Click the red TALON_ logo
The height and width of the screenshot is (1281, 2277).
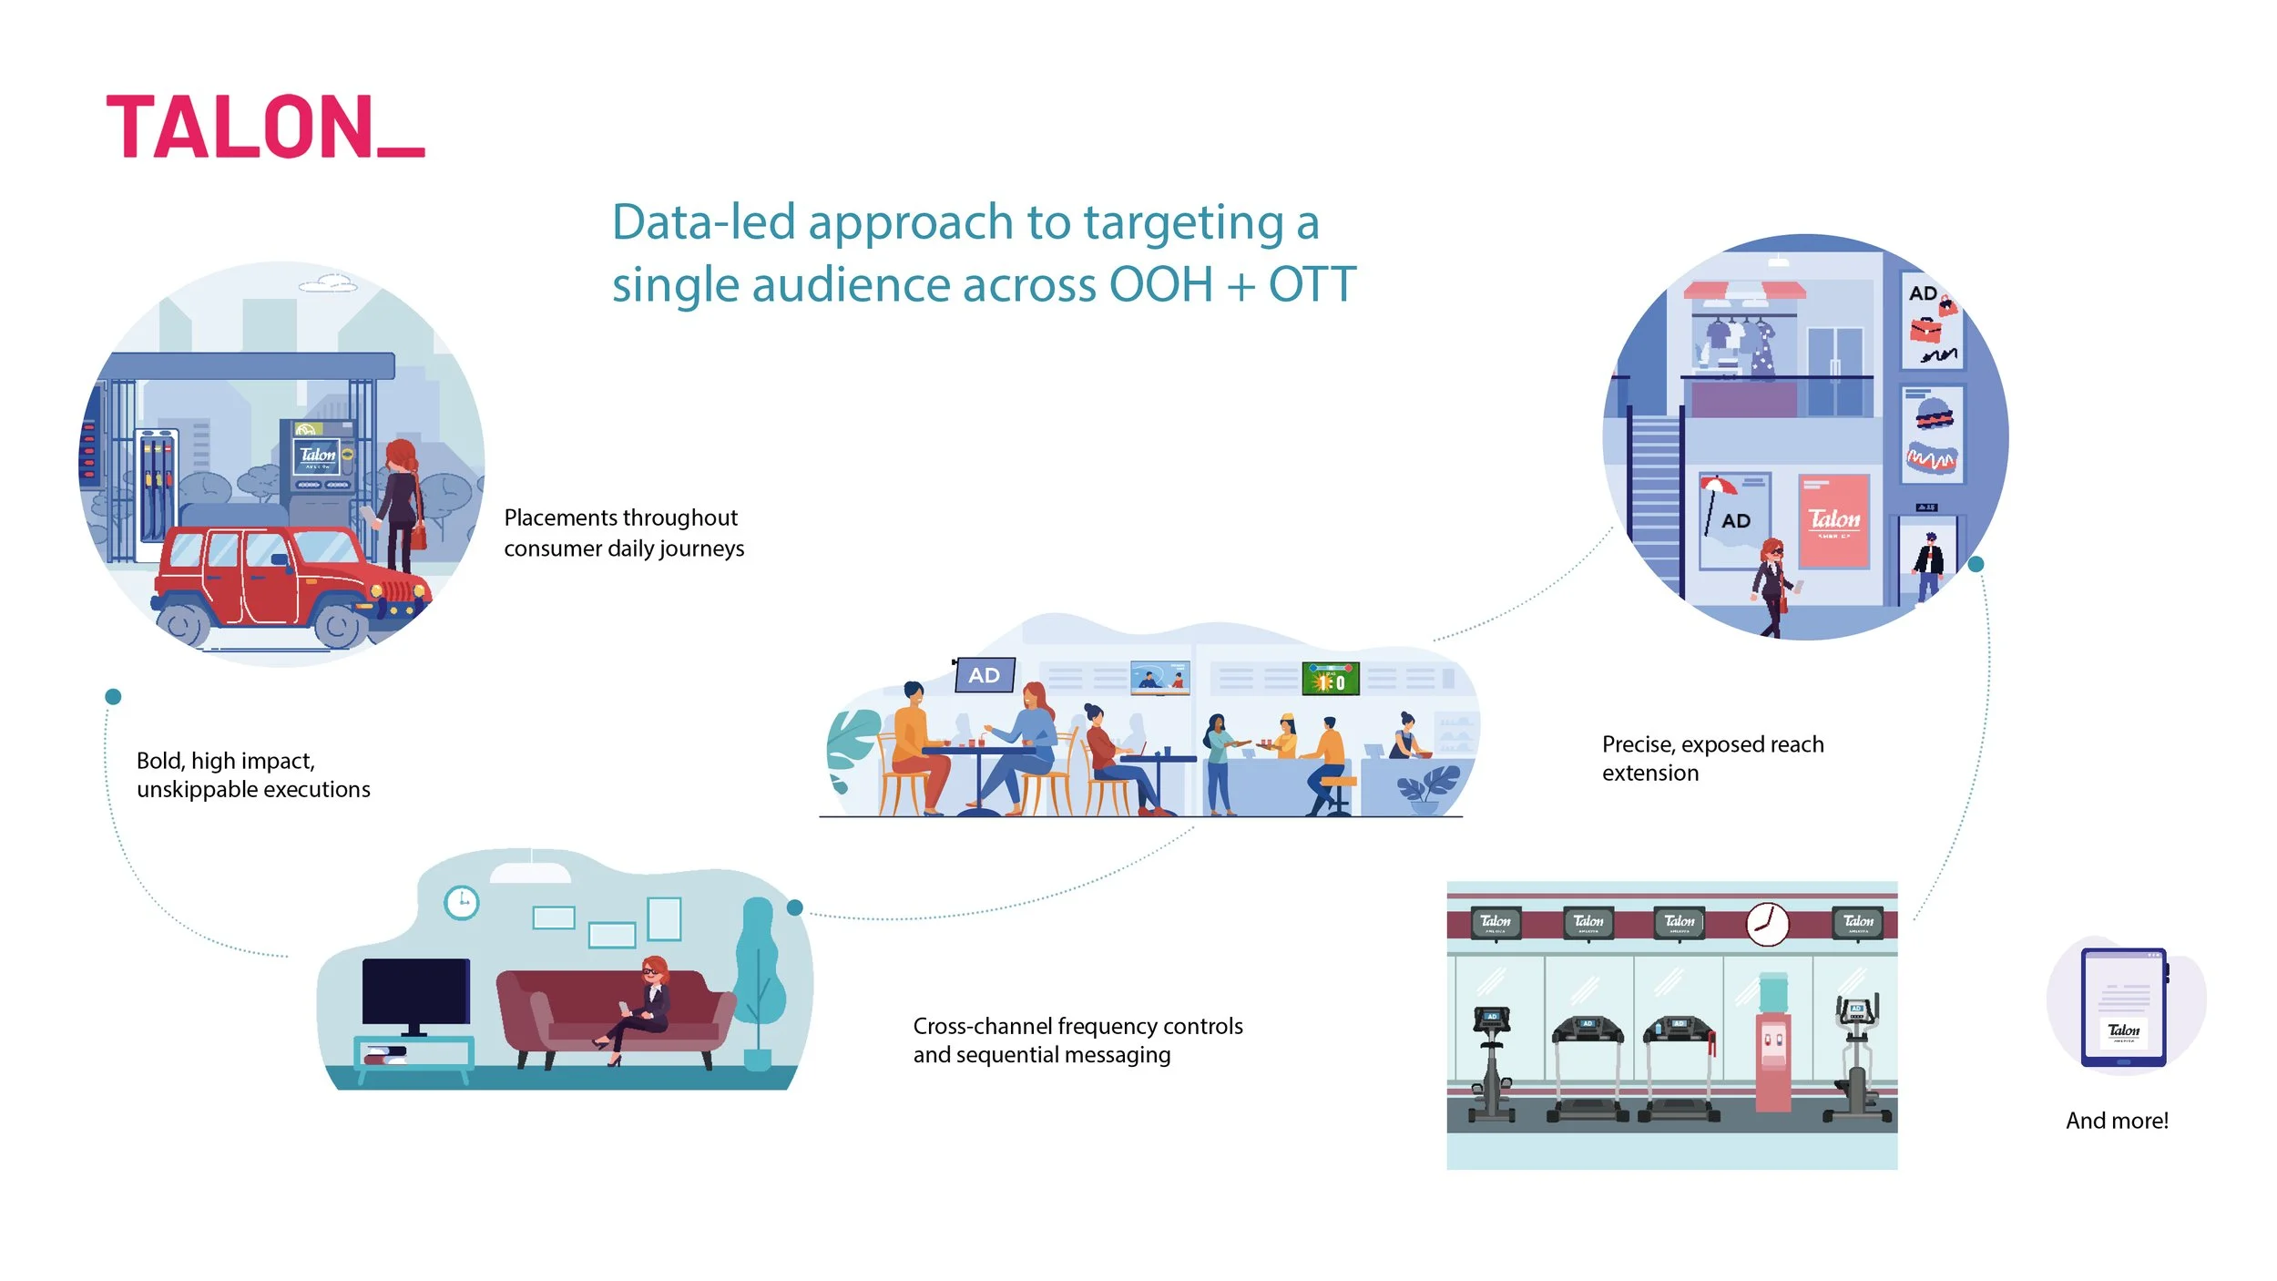point(264,127)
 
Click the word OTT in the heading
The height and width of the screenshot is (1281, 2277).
point(1312,284)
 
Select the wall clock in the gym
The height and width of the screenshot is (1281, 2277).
point(1766,924)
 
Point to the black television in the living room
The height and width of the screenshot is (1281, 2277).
point(415,994)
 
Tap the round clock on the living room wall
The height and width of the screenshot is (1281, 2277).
point(461,902)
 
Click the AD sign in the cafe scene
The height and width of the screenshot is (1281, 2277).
point(984,675)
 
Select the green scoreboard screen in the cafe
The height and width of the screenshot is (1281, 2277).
point(1330,679)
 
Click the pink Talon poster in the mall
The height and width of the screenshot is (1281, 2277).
point(1833,521)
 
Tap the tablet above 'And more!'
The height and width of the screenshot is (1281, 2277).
point(2123,1007)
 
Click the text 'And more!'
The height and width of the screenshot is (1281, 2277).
point(2117,1121)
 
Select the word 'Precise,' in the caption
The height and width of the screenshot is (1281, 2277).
point(1638,745)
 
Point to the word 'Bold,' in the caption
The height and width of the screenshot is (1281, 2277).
point(160,762)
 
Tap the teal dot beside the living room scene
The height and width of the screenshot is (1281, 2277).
point(794,907)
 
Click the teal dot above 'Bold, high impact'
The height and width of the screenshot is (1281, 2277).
point(113,697)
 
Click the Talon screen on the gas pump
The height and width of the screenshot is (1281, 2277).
point(318,455)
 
